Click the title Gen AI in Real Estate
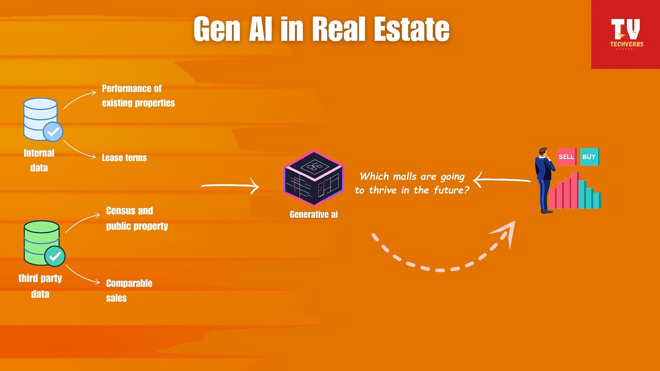(x=321, y=29)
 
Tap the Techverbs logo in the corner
(x=625, y=34)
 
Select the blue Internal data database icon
(x=41, y=119)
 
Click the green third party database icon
(x=42, y=242)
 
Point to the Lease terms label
(x=124, y=158)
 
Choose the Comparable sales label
(x=129, y=290)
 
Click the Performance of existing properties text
(x=138, y=96)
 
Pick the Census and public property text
(x=137, y=218)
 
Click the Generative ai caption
(x=314, y=214)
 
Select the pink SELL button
(x=566, y=157)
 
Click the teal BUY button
(x=589, y=157)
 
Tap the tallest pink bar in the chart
(x=575, y=190)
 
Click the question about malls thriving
(x=412, y=183)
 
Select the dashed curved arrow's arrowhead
(x=507, y=232)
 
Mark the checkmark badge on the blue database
(x=53, y=132)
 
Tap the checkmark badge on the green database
(x=55, y=256)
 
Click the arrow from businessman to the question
(x=501, y=180)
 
